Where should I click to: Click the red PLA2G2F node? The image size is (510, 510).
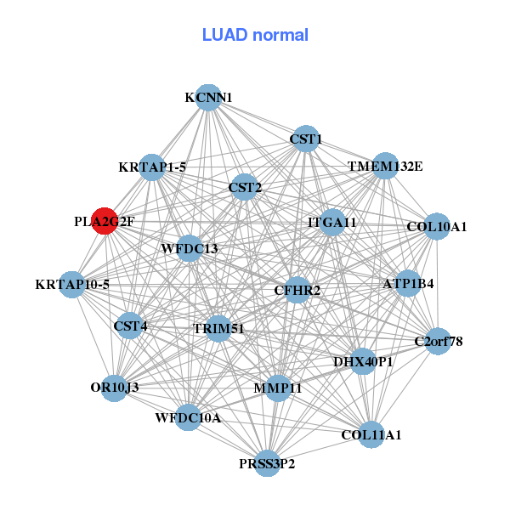tap(104, 221)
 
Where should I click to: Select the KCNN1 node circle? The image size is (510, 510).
tap(208, 98)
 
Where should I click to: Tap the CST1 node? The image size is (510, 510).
tap(305, 139)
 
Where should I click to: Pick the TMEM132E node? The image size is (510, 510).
tap(384, 166)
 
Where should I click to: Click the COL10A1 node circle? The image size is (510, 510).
tap(436, 226)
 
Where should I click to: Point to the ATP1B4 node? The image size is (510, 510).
tap(409, 283)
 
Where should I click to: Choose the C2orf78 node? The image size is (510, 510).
tap(438, 342)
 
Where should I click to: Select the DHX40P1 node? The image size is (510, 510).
tap(363, 362)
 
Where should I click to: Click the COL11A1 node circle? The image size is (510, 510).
tap(371, 434)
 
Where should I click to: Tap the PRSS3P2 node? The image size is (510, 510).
tap(267, 463)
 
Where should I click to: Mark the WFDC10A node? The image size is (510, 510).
tap(189, 417)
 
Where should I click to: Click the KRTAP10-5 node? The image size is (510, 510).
tap(72, 284)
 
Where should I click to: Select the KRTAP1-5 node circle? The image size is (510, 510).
tap(153, 167)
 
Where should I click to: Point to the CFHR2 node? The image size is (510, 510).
tap(297, 291)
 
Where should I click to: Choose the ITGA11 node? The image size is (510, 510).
tap(331, 222)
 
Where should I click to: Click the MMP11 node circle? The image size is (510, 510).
tap(277, 388)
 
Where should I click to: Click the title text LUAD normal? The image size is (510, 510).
tap(255, 35)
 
